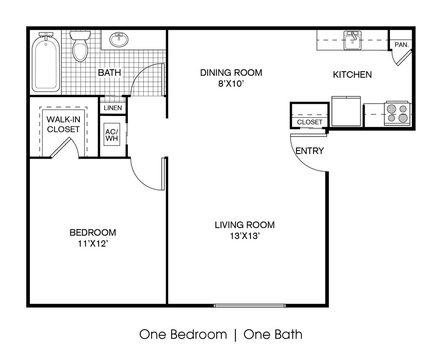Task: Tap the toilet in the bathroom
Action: tap(80, 46)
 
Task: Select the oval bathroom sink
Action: tap(119, 40)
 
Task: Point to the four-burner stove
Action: tap(396, 113)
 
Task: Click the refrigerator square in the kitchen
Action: tap(346, 111)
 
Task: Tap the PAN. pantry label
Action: tap(401, 44)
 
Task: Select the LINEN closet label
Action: tap(113, 108)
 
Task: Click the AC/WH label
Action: tap(113, 135)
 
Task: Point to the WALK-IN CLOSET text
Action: tap(63, 124)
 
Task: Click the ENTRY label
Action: tap(309, 151)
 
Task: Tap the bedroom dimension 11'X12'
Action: tap(93, 244)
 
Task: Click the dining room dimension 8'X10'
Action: tap(231, 84)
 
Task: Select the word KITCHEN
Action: tap(352, 75)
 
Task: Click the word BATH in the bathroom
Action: tap(109, 73)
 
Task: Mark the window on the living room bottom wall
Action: tap(249, 305)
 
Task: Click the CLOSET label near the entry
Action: tap(309, 122)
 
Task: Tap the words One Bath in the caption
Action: tap(273, 334)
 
